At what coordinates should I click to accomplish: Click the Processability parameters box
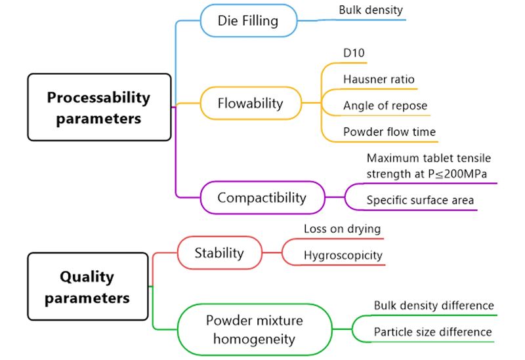tap(98, 108)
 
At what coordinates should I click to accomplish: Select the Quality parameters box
tap(87, 287)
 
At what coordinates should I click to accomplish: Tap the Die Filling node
tap(247, 20)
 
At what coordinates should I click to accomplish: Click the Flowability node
tap(250, 103)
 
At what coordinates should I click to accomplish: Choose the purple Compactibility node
tap(262, 197)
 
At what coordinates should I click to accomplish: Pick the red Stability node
tap(219, 252)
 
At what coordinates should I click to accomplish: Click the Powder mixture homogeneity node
tap(254, 329)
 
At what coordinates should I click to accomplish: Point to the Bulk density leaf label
tap(371, 10)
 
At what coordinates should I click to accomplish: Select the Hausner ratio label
tap(379, 79)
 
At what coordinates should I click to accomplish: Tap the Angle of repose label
tap(385, 106)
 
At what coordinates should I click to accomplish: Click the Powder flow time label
tap(389, 132)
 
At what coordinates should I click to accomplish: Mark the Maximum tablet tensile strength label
tap(429, 165)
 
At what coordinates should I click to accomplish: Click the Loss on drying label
tap(342, 229)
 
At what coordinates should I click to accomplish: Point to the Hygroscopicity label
tap(343, 255)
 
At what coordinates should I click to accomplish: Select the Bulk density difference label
tap(433, 305)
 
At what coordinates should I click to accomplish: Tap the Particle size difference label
tap(432, 332)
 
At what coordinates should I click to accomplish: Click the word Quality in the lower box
tap(87, 277)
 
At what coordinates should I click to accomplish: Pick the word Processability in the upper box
tap(98, 98)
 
